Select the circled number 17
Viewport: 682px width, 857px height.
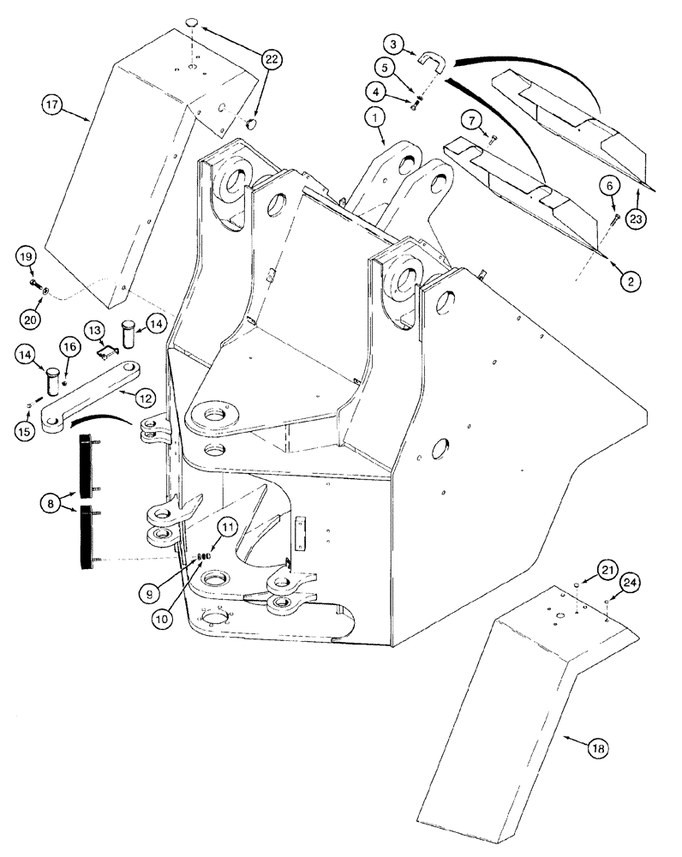point(52,105)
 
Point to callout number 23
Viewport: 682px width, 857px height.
point(635,219)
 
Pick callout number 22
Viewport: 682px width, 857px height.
point(272,59)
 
